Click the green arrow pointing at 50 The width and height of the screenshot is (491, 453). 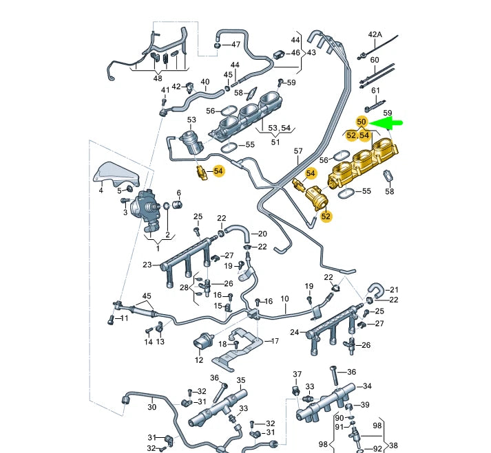coord(390,123)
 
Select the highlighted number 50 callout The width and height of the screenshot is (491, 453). coord(362,122)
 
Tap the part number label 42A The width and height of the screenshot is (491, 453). coord(375,34)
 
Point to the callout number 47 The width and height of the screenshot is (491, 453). coord(236,45)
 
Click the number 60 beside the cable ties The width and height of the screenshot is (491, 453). coord(375,60)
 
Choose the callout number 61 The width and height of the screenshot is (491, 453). coord(375,90)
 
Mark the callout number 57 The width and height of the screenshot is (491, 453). coord(298,151)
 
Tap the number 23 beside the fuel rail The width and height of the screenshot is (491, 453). coord(147,265)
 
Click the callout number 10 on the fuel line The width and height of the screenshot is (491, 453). coord(284,299)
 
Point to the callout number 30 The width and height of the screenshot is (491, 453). coord(152,407)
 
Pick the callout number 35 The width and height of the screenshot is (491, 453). coord(241,380)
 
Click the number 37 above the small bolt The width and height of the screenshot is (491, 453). coord(297,374)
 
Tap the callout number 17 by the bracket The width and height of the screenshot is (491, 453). coord(275,341)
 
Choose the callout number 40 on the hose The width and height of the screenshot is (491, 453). coord(205,82)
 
